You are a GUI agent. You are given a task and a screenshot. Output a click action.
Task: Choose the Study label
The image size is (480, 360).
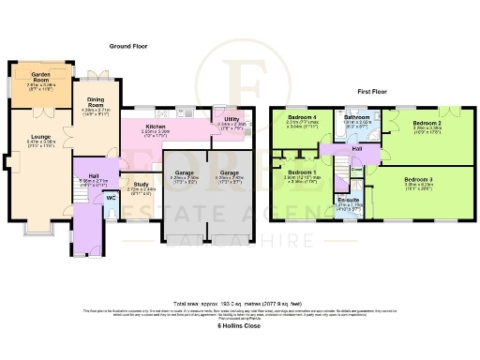click(x=140, y=185)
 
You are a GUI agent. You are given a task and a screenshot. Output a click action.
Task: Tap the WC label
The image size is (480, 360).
click(x=111, y=197)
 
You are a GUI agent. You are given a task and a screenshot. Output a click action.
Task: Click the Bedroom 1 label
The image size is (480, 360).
click(x=301, y=173)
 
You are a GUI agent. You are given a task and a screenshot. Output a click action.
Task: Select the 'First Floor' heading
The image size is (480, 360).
click(x=374, y=92)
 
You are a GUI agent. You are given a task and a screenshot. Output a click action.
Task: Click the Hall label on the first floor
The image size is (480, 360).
click(x=357, y=148)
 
